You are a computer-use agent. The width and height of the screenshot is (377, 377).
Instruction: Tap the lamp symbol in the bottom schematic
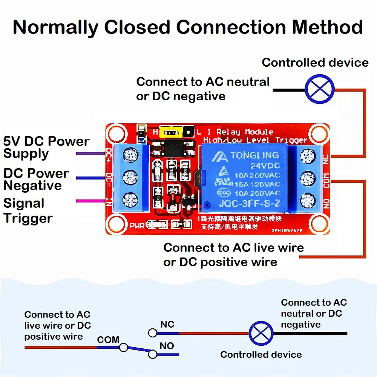point(261,333)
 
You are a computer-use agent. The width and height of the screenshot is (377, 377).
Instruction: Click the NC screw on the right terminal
point(308,155)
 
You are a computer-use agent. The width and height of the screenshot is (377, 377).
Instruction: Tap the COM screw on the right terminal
point(308,177)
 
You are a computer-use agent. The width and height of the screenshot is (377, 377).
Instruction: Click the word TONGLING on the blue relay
point(254,155)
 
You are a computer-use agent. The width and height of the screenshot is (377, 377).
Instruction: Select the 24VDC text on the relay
point(265,166)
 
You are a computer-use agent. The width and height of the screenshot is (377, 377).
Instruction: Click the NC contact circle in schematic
point(153,333)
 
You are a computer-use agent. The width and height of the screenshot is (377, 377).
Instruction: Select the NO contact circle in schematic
point(153,354)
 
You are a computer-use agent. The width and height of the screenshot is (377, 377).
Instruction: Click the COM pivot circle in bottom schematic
point(123,347)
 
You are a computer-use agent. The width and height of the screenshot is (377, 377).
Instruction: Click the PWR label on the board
point(137,225)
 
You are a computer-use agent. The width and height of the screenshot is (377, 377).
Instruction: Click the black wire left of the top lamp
point(288,90)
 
